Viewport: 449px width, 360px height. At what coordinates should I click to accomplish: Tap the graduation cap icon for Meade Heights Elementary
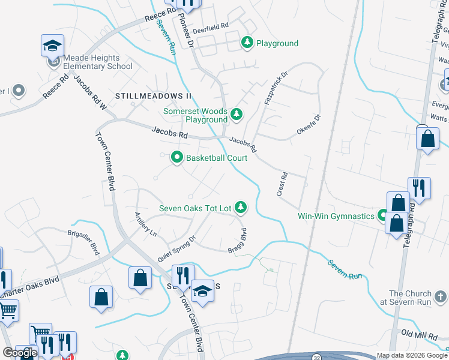tap(52, 46)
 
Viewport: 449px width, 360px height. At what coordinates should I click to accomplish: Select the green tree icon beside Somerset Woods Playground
tap(237, 113)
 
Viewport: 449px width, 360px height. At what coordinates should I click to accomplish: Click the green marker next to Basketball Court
tap(177, 158)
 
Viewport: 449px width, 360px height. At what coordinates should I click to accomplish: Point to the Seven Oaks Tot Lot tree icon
tap(241, 208)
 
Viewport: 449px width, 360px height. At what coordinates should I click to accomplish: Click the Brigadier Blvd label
tap(83, 241)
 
